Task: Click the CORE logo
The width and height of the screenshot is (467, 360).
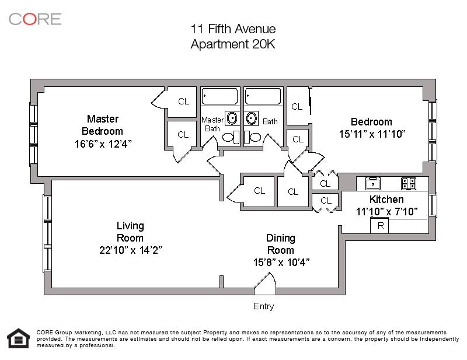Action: pos(35,19)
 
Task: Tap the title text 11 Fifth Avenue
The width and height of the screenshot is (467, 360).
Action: pos(233,29)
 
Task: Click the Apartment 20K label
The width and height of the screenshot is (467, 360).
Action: pos(233,44)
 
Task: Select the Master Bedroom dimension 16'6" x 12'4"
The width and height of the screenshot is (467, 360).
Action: pos(103,144)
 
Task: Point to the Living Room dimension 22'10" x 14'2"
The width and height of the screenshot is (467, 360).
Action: pos(130,250)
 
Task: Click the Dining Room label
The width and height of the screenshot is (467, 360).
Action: pos(281,244)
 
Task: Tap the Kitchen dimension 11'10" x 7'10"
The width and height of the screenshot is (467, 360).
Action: pos(386,211)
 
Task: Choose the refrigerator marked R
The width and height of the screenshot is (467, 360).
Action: pos(379,225)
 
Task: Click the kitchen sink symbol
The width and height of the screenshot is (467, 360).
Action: pos(373,183)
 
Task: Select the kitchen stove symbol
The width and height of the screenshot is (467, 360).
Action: pos(409,183)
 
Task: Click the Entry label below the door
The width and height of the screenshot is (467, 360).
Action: pos(264,306)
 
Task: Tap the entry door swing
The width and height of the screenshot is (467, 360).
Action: pos(265,281)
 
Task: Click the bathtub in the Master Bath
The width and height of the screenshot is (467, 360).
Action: pos(220,96)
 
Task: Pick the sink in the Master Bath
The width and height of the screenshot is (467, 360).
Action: pos(232,118)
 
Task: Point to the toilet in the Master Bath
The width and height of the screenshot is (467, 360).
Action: pos(231,137)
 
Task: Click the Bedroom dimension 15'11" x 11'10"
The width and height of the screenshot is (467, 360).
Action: pos(372,134)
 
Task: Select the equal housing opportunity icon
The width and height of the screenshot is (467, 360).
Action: pos(19,338)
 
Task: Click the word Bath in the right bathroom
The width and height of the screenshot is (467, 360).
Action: pos(270,121)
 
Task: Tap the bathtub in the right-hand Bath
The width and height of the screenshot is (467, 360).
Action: pos(263,96)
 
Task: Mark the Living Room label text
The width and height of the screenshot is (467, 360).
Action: pos(130,232)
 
